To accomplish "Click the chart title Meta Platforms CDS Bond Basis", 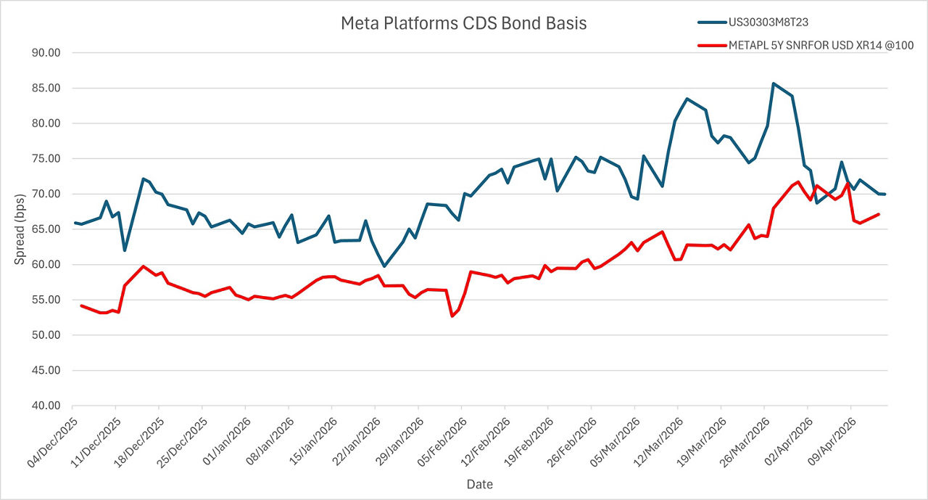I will coord(463,23).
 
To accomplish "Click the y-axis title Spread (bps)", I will coord(20,229).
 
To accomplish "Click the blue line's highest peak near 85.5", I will coord(774,83).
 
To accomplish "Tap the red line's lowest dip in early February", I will coord(452,316).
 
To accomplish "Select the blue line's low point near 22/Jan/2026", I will coord(384,266).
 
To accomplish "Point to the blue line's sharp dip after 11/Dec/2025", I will coord(125,250).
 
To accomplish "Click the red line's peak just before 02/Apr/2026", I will coord(798,181).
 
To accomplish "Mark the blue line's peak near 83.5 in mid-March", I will coord(687,99).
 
